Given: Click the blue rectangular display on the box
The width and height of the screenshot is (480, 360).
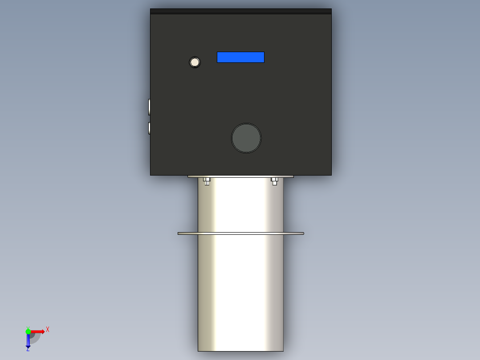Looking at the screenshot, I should [x=240, y=57].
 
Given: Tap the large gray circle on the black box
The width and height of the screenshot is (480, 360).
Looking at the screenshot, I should [x=246, y=138].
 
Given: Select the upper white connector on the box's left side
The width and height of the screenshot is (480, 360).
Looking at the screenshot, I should [x=149, y=107].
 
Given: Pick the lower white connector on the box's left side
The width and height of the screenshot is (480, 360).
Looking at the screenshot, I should [x=149, y=128].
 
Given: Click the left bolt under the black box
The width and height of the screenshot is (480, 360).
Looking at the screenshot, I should [x=207, y=181].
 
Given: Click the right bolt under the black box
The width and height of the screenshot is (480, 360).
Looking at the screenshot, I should [x=274, y=181].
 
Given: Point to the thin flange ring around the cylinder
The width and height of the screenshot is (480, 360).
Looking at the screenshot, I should [x=240, y=233].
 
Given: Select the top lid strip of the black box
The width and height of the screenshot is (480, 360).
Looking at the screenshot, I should [x=240, y=11].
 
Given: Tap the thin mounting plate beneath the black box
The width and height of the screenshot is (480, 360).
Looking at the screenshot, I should [x=240, y=176].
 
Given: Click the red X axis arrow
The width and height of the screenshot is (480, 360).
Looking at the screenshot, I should [x=37, y=331].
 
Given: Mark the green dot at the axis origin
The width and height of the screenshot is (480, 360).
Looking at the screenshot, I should [x=28, y=331].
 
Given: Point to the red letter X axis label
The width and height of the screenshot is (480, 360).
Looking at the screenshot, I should [x=48, y=329].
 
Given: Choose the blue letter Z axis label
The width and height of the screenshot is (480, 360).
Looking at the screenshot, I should [x=28, y=349].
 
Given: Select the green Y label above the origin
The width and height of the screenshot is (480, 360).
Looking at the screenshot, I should [x=28, y=327].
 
